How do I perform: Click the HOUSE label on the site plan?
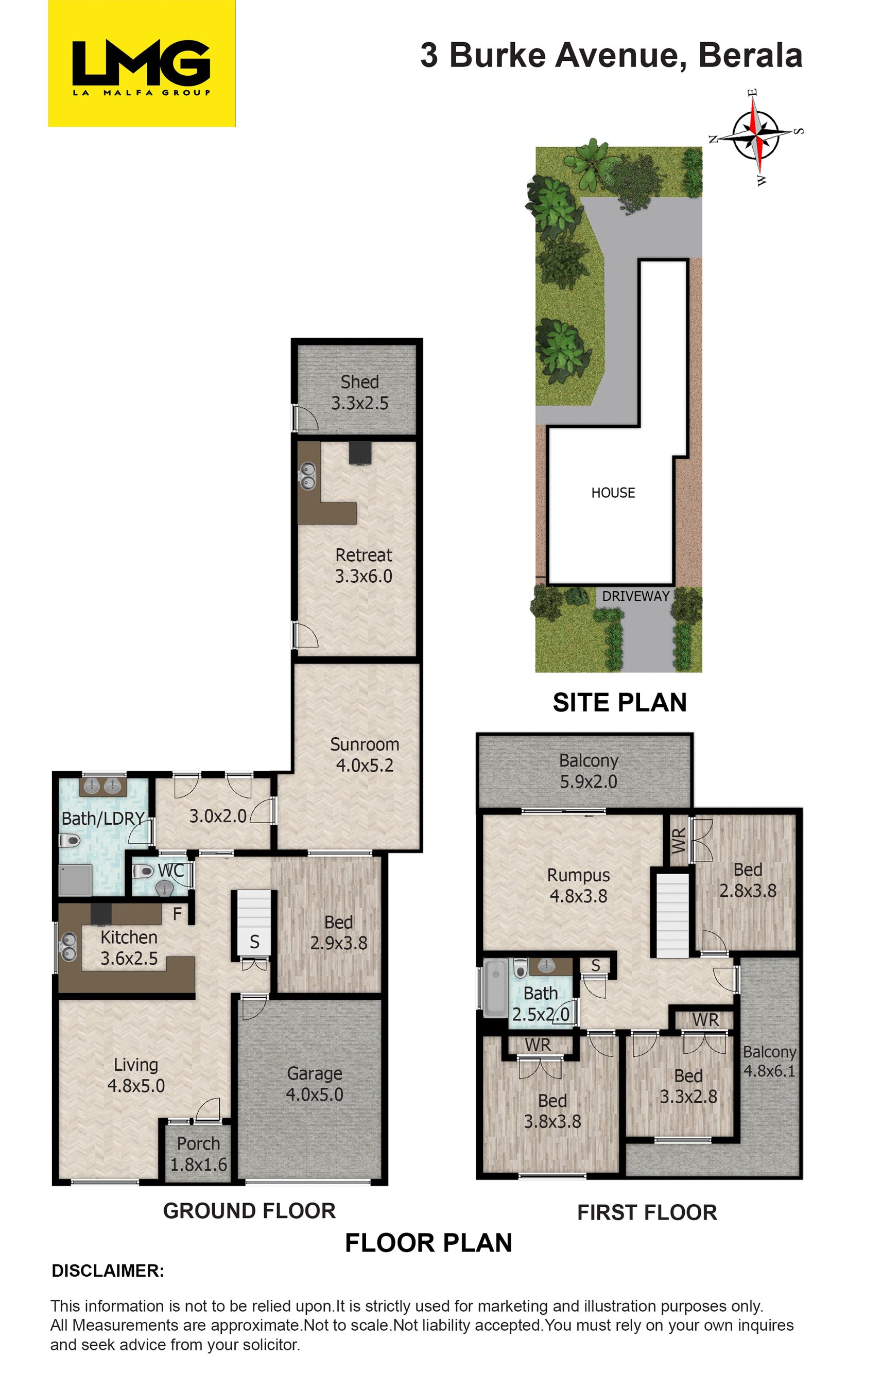613,492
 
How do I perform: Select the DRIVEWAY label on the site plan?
636,596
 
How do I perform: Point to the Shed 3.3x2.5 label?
360,392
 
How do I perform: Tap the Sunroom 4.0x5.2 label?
364,754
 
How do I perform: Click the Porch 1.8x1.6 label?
198,1154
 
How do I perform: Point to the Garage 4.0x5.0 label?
315,1084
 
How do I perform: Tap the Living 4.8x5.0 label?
136,1075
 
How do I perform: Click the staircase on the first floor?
672,915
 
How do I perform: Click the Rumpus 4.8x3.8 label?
578,885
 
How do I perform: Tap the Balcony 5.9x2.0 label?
589,771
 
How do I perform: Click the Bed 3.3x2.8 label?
688,1086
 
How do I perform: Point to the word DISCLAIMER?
108,1271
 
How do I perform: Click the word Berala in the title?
750,56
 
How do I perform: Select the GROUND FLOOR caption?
249,1210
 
